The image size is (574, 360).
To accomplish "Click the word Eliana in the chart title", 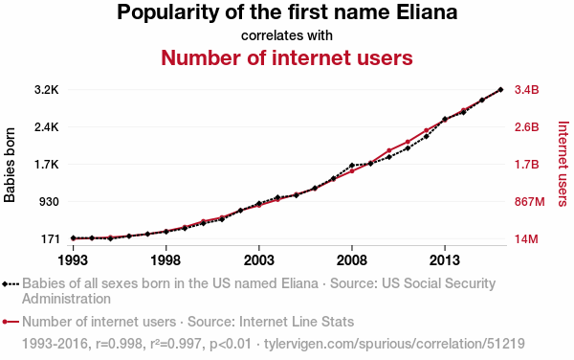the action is [427, 11].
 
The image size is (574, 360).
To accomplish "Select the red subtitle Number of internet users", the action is [287, 57].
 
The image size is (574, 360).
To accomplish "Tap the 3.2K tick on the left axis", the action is [47, 90].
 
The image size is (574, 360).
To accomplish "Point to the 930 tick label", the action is [49, 202].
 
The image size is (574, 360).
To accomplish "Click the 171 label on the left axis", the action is [50, 239].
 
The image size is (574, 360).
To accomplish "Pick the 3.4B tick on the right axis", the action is [527, 90].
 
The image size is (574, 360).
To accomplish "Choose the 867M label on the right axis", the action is [530, 202].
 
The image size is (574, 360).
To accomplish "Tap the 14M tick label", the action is [526, 239].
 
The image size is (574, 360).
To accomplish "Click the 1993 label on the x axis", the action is [73, 260].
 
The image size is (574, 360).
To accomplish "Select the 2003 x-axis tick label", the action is [259, 260].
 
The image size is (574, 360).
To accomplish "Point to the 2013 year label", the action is [445, 260].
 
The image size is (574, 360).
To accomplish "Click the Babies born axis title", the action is [10, 165].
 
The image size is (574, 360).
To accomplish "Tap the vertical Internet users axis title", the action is [563, 164].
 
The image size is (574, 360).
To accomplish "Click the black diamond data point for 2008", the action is [352, 166].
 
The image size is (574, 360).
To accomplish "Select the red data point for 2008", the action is [352, 171].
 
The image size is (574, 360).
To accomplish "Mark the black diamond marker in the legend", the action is [5, 283].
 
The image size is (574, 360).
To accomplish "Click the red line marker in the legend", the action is [11, 322].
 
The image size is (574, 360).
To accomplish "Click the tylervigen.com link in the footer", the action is [394, 344].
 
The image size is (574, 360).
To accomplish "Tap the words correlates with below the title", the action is [287, 35].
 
